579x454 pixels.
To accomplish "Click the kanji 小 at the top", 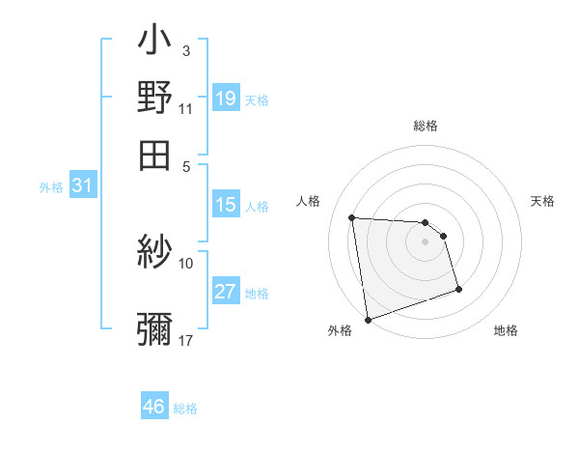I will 154,43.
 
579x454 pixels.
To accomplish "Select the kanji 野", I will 154,98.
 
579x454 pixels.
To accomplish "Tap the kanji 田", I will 154,155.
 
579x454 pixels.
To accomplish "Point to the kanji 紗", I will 154,254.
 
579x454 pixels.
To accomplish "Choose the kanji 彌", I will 154,328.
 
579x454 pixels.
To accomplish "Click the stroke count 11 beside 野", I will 185,108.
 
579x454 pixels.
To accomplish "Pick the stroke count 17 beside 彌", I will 185,340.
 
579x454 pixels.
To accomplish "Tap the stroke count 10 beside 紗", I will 185,263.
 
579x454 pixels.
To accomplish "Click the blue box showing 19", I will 226,99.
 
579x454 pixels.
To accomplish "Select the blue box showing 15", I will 226,205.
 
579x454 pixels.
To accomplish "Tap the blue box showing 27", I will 226,292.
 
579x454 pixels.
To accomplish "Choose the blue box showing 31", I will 82,186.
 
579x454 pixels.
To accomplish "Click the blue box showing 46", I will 154,407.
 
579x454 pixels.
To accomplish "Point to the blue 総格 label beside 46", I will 185,409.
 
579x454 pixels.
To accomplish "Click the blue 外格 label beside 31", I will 51,187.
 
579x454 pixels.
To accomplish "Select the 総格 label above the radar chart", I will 425,126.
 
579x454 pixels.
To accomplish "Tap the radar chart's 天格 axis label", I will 542,201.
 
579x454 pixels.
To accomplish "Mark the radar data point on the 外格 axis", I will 368,319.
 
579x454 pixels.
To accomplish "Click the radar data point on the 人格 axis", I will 352,217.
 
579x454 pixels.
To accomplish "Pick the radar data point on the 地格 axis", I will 458,289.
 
